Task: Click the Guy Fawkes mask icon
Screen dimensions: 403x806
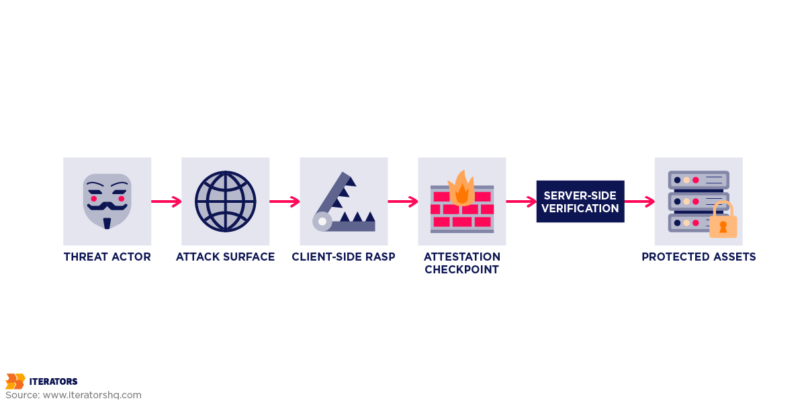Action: point(107,200)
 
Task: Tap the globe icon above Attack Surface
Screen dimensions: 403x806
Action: point(226,201)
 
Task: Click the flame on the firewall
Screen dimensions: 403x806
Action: point(461,187)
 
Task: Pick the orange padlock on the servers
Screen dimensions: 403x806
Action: point(723,222)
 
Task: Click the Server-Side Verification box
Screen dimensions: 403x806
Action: point(580,201)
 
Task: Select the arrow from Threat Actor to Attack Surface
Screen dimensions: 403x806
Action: point(166,201)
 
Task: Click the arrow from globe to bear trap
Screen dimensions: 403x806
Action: point(284,201)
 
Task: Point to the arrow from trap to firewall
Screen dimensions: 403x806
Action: point(402,201)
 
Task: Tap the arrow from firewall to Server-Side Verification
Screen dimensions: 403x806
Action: point(521,201)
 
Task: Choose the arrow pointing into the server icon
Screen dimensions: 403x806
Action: point(639,201)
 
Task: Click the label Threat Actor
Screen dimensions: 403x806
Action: point(107,257)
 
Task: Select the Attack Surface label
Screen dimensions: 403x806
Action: point(226,257)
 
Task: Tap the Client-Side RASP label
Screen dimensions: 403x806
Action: point(343,257)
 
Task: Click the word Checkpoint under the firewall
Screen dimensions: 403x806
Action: point(462,270)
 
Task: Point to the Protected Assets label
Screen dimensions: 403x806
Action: point(699,257)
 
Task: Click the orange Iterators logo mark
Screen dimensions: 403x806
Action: point(15,382)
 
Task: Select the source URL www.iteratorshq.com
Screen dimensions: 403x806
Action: point(92,395)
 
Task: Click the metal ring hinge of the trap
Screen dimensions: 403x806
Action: point(322,221)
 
